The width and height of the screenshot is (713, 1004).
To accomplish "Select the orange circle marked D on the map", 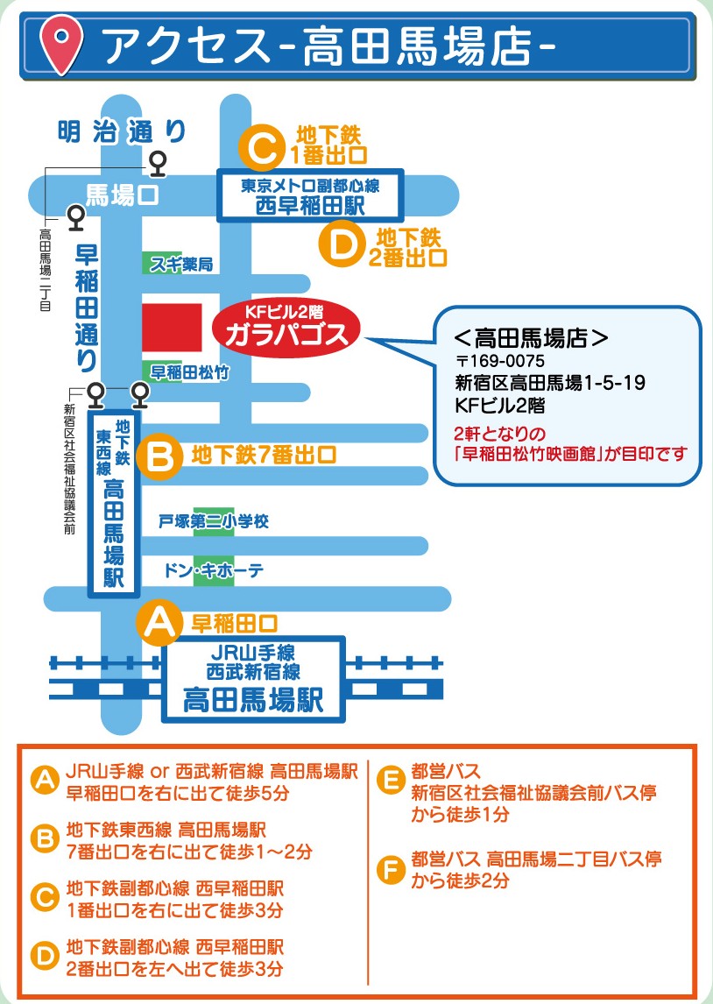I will coord(345,244).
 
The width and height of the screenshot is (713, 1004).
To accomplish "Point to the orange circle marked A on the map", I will coord(160,625).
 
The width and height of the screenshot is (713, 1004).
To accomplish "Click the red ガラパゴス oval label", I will coord(286,330).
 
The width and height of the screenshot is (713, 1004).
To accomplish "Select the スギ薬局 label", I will coord(180,264).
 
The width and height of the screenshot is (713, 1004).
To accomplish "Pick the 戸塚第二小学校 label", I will coord(213,521).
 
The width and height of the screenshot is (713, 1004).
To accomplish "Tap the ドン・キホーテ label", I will coord(213,570).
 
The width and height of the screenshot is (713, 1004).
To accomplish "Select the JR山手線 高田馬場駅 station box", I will coord(253,680).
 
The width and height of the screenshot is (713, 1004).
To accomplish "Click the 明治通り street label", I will coord(122,131).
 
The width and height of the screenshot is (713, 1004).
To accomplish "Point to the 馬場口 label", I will coord(123,194).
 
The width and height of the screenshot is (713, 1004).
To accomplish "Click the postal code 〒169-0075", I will coord(500,360).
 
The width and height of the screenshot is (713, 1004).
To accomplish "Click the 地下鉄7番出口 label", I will coord(264,455).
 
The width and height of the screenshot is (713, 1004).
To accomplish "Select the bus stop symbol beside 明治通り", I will coord(158,161).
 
